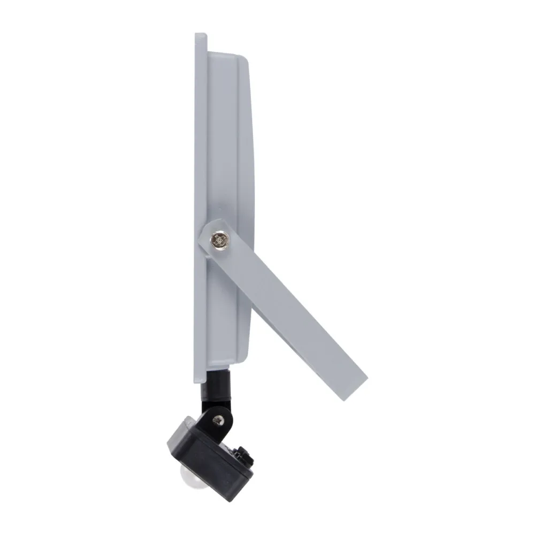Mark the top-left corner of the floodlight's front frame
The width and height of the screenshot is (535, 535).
click(196, 35)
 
